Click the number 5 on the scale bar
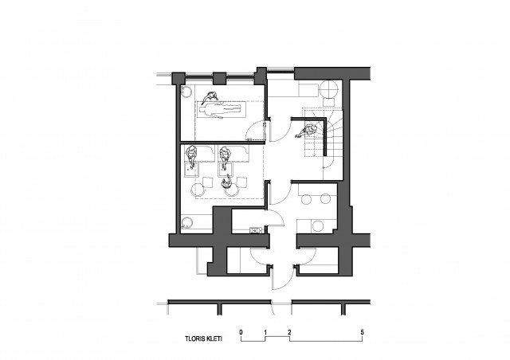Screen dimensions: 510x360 click(363, 332)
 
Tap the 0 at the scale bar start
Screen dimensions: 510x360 click(241, 332)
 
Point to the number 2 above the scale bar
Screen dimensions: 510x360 click(289, 332)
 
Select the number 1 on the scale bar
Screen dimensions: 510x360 click(265, 332)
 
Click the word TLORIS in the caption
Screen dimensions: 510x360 click(195, 338)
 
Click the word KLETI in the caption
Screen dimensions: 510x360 click(214, 338)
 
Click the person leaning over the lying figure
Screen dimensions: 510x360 click(209, 97)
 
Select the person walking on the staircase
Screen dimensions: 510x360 click(306, 131)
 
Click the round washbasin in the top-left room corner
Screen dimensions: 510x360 click(186, 92)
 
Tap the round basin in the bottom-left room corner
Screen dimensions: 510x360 click(187, 224)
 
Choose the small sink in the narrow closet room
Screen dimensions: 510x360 click(256, 230)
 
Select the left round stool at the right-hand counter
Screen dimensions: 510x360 click(306, 198)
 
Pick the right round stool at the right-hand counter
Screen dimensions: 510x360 click(325, 198)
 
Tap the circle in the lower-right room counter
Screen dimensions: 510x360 click(317, 226)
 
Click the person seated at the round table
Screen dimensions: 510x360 click(226, 182)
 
